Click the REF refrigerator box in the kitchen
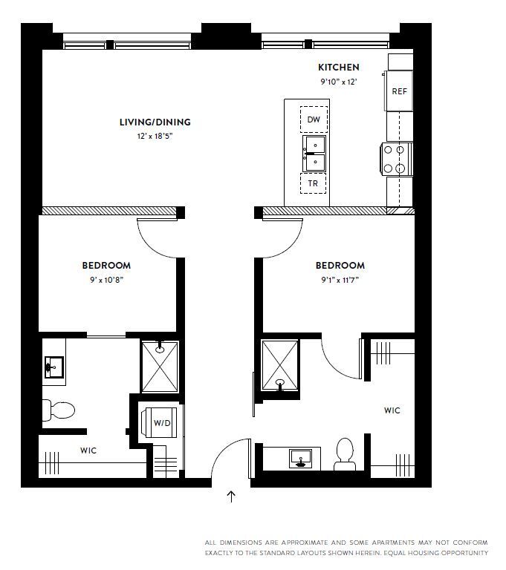(x=400, y=91)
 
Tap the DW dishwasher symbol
(x=314, y=119)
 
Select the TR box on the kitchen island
(x=314, y=183)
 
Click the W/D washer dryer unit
(x=163, y=423)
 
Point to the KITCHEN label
(x=338, y=67)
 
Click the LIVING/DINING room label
(x=155, y=122)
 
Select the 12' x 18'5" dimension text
(x=155, y=137)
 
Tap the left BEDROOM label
(x=106, y=266)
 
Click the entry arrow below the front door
(x=231, y=497)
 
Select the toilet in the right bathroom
(x=344, y=453)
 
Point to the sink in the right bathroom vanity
(x=301, y=458)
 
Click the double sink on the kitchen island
(x=314, y=151)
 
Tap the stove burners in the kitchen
(x=396, y=159)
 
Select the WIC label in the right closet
(x=392, y=410)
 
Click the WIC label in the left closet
(x=88, y=451)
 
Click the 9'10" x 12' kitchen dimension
(x=338, y=82)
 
